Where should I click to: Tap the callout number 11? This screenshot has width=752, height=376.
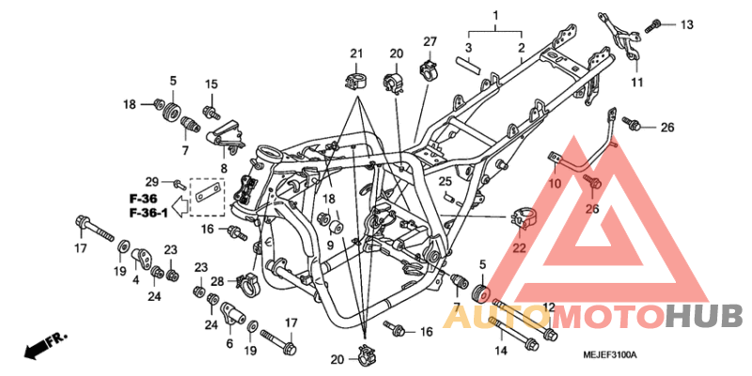pyautogui.click(x=637, y=83)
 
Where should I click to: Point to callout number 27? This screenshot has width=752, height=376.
pyautogui.click(x=430, y=41)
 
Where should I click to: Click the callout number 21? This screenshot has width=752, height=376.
pyautogui.click(x=356, y=52)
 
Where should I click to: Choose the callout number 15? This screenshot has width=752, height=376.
pyautogui.click(x=211, y=85)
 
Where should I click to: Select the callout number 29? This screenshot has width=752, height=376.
pyautogui.click(x=150, y=180)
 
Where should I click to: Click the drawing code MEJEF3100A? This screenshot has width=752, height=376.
pyautogui.click(x=609, y=354)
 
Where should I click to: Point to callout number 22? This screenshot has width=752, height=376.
pyautogui.click(x=518, y=248)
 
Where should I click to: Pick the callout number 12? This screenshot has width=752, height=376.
pyautogui.click(x=548, y=307)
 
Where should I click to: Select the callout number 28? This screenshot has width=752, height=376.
pyautogui.click(x=218, y=281)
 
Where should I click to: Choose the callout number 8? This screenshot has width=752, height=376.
pyautogui.click(x=223, y=169)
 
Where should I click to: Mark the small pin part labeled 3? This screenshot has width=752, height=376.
pyautogui.click(x=468, y=65)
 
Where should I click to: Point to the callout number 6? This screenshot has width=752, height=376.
pyautogui.click(x=229, y=344)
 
